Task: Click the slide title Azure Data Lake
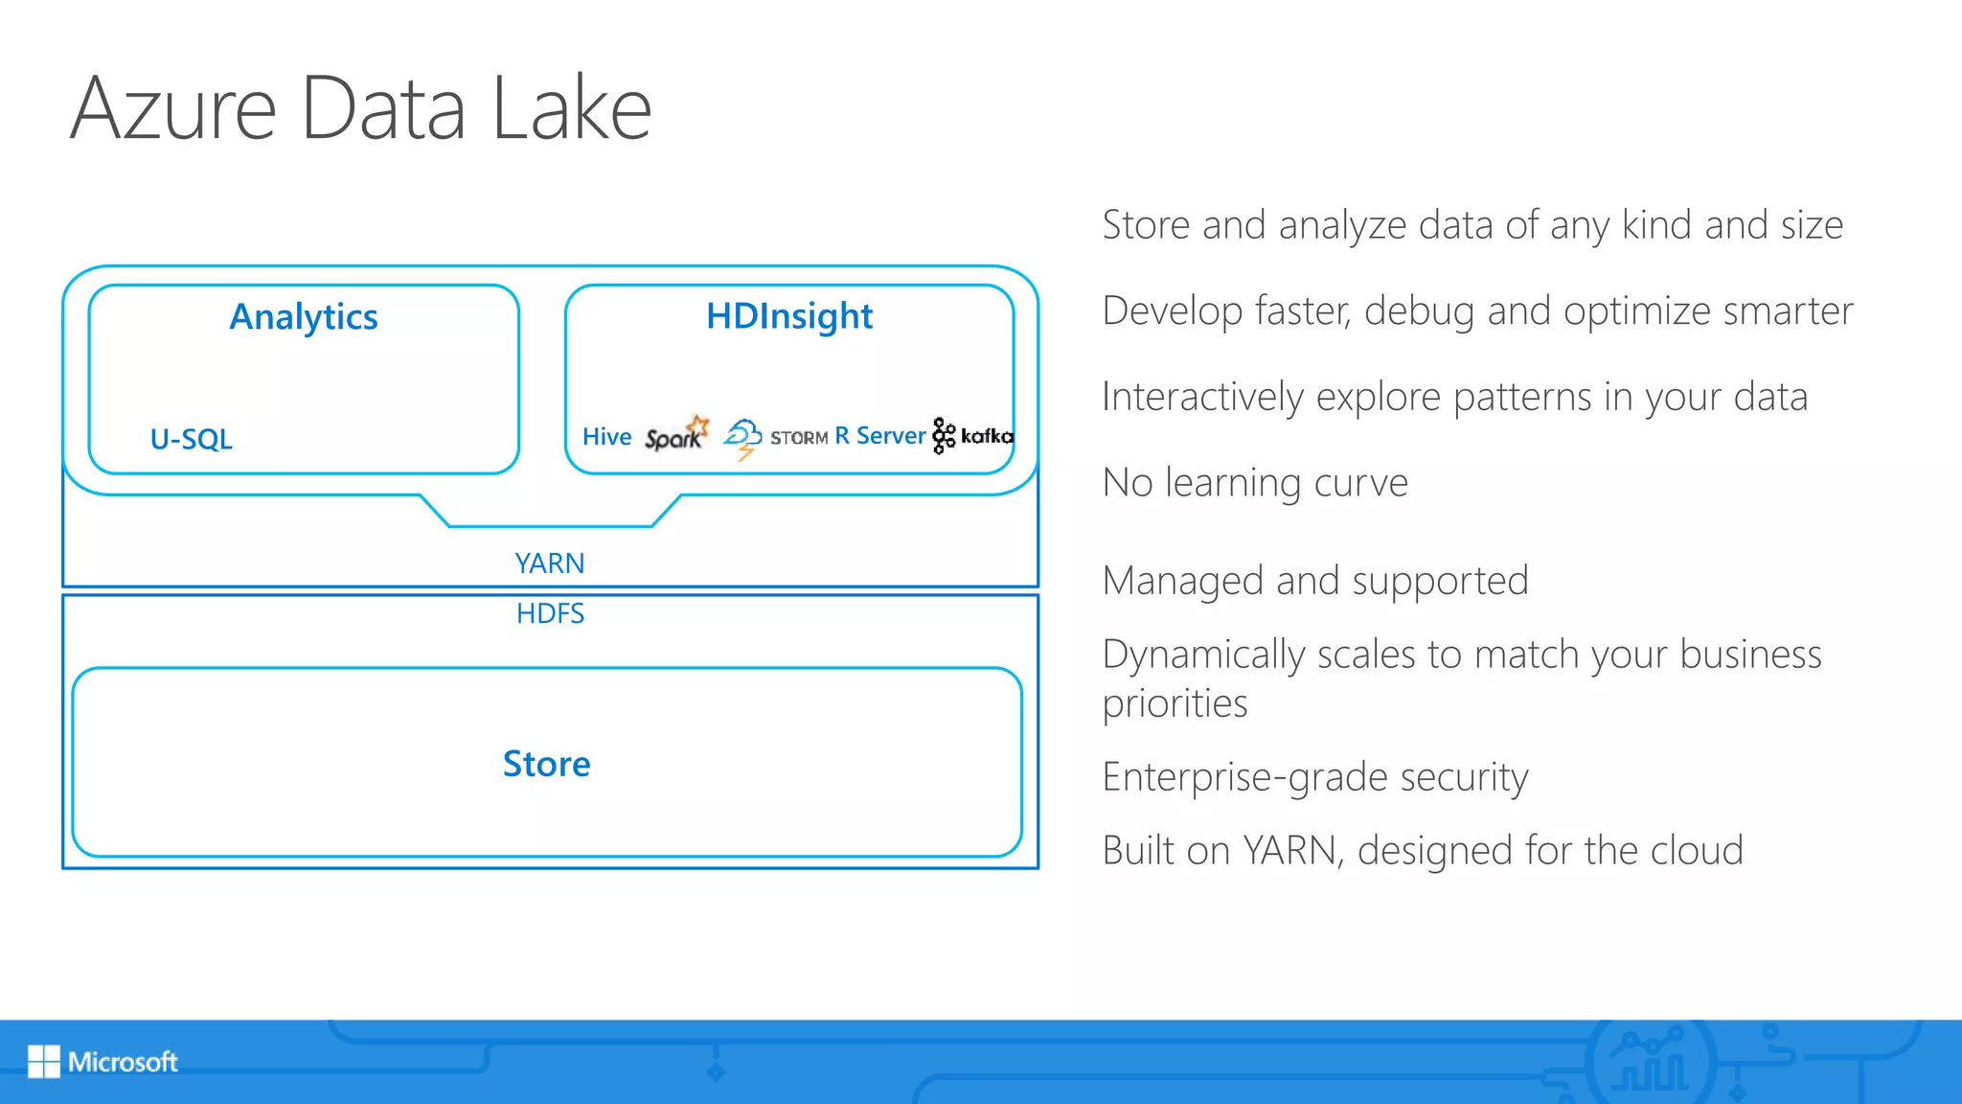pos(360,107)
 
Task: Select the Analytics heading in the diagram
pos(304,317)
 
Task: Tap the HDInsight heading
pos(789,316)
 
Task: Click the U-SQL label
pos(192,439)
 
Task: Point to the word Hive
pos(607,437)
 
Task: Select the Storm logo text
pos(799,438)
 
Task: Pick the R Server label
pos(880,436)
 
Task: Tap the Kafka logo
pos(972,436)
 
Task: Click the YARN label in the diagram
pos(550,563)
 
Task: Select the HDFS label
pos(550,613)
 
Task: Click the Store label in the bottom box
pos(547,764)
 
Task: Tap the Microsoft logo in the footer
pos(103,1062)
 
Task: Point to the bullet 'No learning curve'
pos(1255,483)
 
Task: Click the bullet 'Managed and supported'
pos(1315,582)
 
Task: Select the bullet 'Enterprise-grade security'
pos(1315,777)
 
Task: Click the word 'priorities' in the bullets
pos(1175,704)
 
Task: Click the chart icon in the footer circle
pos(1650,1062)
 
